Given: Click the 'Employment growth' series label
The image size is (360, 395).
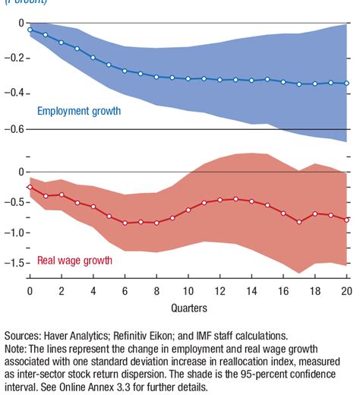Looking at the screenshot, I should click(x=79, y=112).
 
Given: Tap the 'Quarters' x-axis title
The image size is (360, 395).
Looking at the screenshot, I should click(x=188, y=308).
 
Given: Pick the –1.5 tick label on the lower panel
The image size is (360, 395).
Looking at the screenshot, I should click(x=12, y=264).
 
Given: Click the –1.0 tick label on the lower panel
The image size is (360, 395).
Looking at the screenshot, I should click(x=12, y=233).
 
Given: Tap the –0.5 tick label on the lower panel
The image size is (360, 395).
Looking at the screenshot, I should click(x=12, y=203).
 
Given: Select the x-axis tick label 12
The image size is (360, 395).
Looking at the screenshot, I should click(x=220, y=292).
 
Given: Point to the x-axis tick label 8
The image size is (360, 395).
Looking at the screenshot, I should click(x=156, y=292).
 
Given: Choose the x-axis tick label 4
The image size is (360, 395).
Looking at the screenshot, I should click(x=93, y=292).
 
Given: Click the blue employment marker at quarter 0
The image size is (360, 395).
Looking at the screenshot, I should click(x=30, y=30).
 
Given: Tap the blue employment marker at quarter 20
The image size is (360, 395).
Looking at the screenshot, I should click(x=347, y=83).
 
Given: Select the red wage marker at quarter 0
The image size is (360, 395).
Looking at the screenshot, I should click(x=30, y=187).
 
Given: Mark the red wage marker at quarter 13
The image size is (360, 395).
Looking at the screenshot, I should click(x=236, y=199).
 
